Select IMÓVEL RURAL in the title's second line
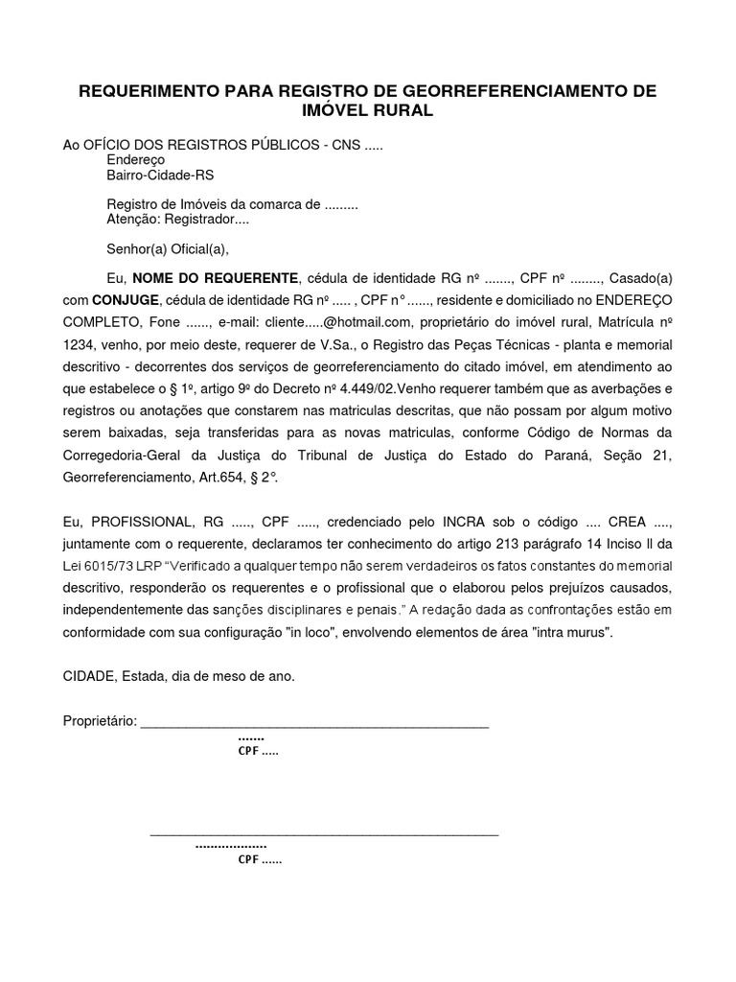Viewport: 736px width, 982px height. pyautogui.click(x=367, y=110)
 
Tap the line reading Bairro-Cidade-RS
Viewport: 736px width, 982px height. pyautogui.click(x=160, y=175)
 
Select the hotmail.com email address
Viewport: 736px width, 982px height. pyautogui.click(x=341, y=322)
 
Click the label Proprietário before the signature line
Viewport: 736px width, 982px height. pyautogui.click(x=100, y=720)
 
